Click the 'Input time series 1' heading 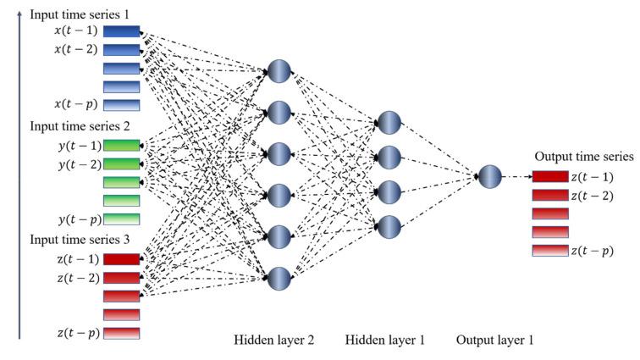coord(74,15)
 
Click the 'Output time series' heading coord(583,157)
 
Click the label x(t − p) coord(74,104)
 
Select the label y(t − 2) coord(74,164)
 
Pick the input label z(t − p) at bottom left coord(74,333)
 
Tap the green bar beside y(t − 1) coord(120,146)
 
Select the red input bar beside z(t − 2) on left coord(120,278)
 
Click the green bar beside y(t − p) coord(120,219)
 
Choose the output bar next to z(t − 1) coord(550,177)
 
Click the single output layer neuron coord(489,177)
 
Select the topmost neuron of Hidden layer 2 coord(280,70)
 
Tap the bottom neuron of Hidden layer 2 coord(280,277)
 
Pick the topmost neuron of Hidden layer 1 coord(388,122)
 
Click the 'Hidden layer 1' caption coord(385,340)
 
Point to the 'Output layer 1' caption coord(494,340)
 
